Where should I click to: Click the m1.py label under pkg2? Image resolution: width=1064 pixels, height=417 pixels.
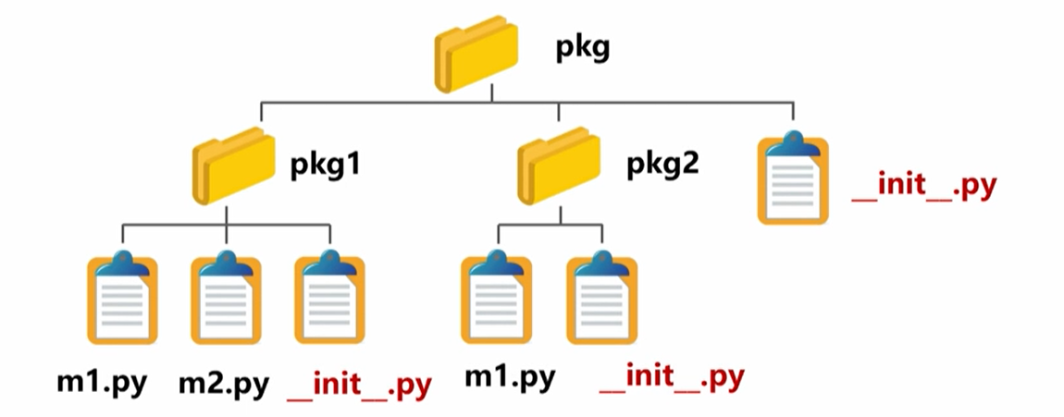click(x=509, y=376)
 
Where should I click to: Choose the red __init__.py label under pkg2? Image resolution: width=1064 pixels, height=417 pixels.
click(x=672, y=377)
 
